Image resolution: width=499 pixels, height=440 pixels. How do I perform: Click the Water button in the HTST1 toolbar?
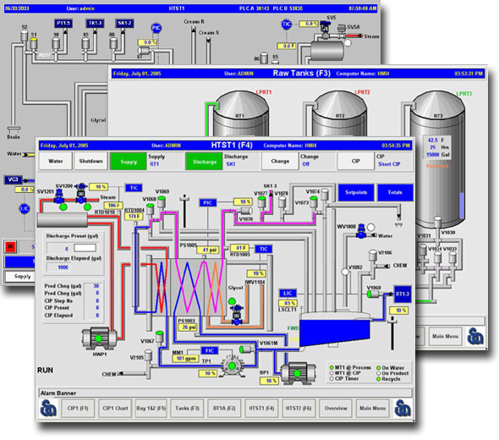56,161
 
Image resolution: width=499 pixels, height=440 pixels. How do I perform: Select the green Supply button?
128,161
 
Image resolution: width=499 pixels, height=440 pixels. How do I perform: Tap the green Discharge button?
205,161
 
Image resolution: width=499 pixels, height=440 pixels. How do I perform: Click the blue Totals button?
395,193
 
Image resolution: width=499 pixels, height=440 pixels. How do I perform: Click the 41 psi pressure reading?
209,250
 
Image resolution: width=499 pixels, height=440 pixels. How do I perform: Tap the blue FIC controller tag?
211,349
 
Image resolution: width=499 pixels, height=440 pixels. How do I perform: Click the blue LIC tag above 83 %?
287,292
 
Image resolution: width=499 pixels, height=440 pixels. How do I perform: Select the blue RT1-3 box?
402,294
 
